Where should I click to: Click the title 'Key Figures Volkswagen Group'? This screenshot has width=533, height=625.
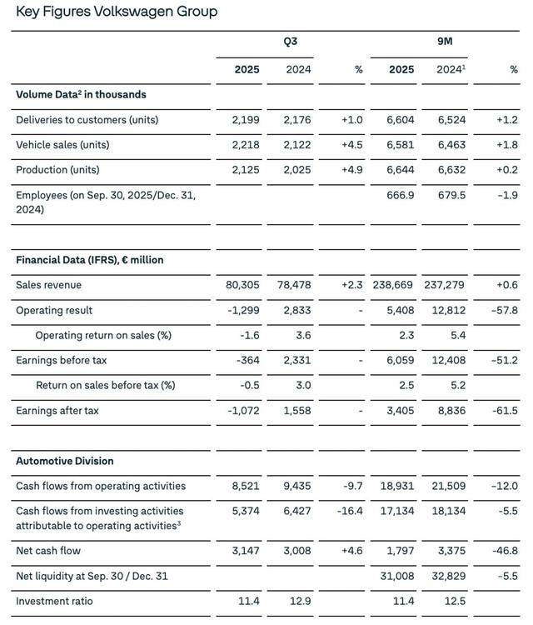[117, 12]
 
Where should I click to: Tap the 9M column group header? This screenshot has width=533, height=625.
[445, 41]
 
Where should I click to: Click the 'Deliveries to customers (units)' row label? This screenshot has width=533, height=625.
[87, 120]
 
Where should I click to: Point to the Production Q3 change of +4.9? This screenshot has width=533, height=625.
[351, 170]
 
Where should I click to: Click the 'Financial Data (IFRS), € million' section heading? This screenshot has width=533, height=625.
[89, 260]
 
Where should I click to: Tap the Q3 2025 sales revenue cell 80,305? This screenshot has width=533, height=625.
[242, 285]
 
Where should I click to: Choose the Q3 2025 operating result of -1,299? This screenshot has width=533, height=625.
[244, 310]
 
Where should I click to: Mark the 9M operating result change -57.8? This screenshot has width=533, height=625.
[504, 310]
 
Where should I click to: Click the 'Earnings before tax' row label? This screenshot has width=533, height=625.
[61, 360]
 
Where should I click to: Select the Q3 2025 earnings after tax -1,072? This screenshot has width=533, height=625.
[244, 411]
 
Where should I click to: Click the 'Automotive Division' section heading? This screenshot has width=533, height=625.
[65, 461]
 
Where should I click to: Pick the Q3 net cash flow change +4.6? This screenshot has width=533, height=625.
[351, 551]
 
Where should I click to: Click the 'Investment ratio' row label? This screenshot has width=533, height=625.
[54, 601]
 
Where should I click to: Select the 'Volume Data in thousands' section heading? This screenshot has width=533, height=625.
[81, 95]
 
